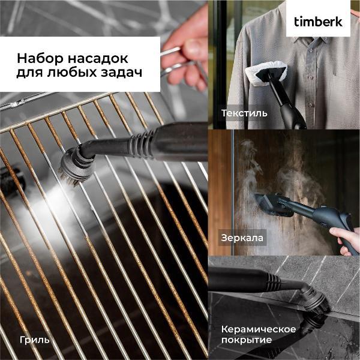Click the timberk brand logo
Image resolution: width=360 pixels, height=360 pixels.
(x=318, y=22)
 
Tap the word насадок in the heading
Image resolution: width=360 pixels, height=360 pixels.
(x=98, y=59)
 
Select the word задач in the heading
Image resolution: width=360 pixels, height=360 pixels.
(x=121, y=73)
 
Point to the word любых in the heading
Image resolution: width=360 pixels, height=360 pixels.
(x=73, y=73)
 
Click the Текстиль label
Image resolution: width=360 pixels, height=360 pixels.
(x=244, y=113)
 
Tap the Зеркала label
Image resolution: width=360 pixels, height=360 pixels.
(x=242, y=238)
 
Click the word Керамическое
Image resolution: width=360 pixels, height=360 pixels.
(x=259, y=329)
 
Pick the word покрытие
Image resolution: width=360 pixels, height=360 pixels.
(x=247, y=340)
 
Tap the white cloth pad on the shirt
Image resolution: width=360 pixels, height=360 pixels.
(x=266, y=73)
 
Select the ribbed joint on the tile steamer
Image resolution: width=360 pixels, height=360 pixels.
(x=274, y=282)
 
